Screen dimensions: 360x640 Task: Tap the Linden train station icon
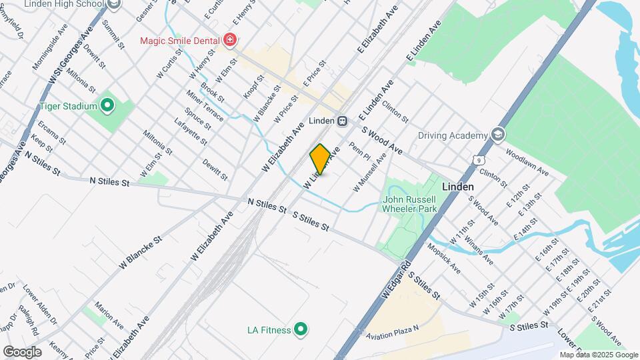[x=341, y=121]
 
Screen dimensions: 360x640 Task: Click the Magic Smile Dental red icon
[x=230, y=41]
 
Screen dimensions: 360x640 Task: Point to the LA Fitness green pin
[x=301, y=329]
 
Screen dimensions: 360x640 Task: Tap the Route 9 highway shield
[x=479, y=159]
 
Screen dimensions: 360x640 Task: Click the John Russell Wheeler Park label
[x=409, y=204]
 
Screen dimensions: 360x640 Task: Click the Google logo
[x=22, y=352]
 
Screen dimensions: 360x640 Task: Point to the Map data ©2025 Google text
[x=598, y=355]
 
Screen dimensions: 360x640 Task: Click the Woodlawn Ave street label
[x=527, y=167]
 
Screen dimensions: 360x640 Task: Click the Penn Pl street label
[x=359, y=152]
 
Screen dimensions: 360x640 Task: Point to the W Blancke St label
[x=141, y=252]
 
